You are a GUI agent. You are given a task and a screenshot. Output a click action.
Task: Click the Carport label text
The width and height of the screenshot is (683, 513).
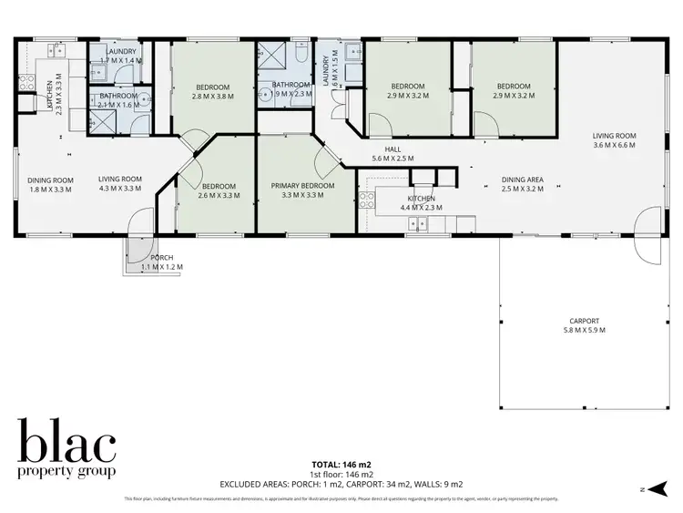(x=584, y=321)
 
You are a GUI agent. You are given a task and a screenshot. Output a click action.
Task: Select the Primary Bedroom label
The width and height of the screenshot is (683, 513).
(x=303, y=186)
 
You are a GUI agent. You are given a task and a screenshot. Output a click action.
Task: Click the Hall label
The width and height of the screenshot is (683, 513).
(x=392, y=149)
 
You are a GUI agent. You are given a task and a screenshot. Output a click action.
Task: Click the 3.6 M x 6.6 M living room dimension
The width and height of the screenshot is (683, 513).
(x=614, y=145)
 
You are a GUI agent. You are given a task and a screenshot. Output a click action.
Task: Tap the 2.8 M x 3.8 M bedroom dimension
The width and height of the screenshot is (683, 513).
(x=213, y=97)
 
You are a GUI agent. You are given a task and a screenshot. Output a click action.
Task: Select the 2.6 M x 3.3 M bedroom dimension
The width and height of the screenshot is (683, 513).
(x=218, y=195)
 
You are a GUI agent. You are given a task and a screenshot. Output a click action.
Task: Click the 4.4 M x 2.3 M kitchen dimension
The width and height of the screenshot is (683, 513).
(x=421, y=208)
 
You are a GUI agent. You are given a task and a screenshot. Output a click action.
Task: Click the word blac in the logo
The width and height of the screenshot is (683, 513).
(x=66, y=444)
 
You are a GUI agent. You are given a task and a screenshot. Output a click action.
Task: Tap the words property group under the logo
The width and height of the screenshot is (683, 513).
(x=66, y=472)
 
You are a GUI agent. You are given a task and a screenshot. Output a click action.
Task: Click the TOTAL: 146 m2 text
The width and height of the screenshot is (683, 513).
(x=341, y=464)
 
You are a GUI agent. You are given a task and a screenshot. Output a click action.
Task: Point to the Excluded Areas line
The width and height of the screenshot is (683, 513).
(x=341, y=484)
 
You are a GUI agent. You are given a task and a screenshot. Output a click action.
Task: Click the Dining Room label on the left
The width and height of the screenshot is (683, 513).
(x=49, y=179)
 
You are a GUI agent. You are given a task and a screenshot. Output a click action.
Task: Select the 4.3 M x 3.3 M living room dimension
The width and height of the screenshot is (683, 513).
(x=120, y=189)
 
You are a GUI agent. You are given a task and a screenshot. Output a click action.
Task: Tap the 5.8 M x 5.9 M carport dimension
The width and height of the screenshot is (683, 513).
(x=584, y=330)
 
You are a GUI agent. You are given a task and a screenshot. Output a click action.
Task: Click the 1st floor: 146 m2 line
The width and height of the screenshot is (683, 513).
(x=341, y=474)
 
